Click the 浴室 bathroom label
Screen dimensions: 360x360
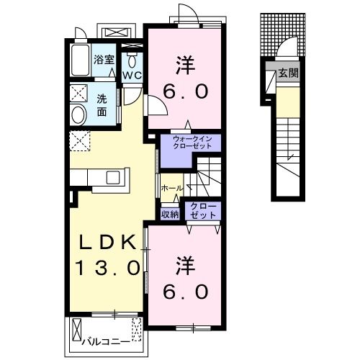104,60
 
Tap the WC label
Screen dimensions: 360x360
132,76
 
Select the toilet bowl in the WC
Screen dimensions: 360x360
132,62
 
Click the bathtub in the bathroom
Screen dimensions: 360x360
80,60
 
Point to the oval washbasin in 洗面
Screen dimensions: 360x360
78,115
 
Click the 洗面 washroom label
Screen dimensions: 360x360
102,106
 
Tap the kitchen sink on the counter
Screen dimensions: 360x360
113,178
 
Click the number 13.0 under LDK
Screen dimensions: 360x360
107,268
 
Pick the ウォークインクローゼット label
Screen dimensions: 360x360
192,143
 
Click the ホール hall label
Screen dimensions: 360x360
172,188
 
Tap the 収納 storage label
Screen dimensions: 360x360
170,215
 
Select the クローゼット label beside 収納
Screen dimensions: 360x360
203,210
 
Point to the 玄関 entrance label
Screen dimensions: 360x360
288,73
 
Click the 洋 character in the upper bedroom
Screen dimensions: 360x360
185,65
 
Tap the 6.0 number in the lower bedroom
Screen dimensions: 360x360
185,292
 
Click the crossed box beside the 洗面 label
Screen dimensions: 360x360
79,92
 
